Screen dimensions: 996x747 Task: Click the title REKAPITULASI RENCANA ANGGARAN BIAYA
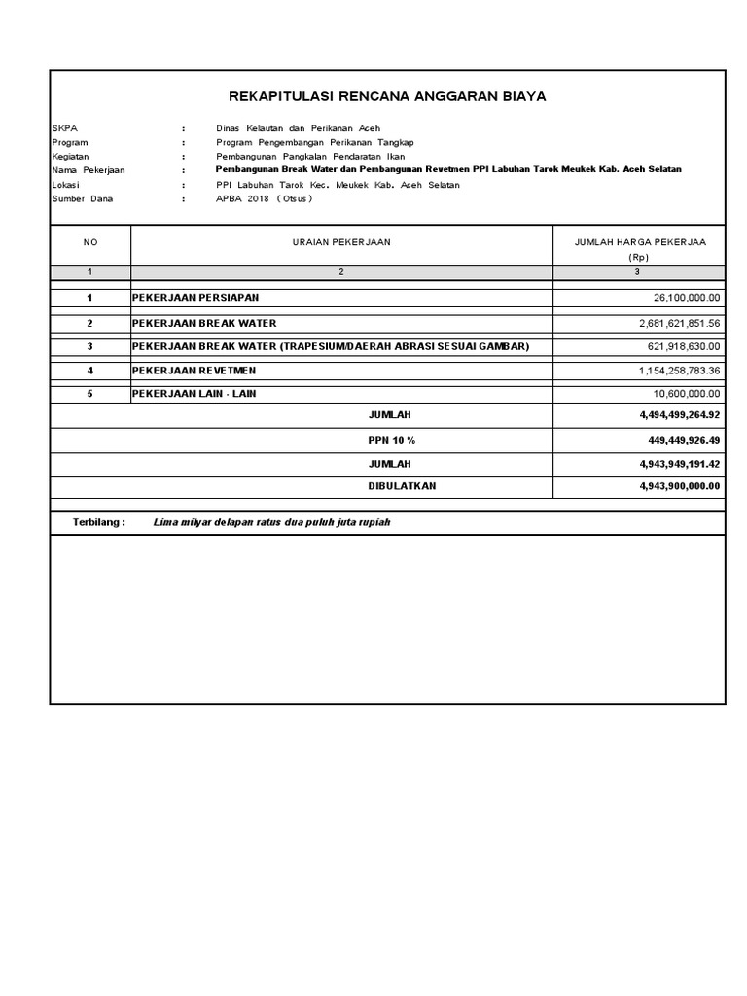tap(387, 96)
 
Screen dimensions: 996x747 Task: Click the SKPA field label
tap(62, 128)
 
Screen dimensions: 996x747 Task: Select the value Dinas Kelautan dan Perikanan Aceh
tap(298, 128)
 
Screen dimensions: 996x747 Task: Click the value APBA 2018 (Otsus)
tap(265, 198)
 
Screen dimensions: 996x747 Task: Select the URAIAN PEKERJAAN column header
tap(341, 242)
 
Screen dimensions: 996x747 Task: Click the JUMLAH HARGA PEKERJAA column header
tap(639, 242)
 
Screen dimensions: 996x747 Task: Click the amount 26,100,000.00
tap(680, 297)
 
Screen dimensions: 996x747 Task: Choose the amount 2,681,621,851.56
tap(666, 323)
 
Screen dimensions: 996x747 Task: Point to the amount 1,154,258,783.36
tap(666, 371)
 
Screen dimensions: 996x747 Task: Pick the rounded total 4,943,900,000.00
tap(666, 486)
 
